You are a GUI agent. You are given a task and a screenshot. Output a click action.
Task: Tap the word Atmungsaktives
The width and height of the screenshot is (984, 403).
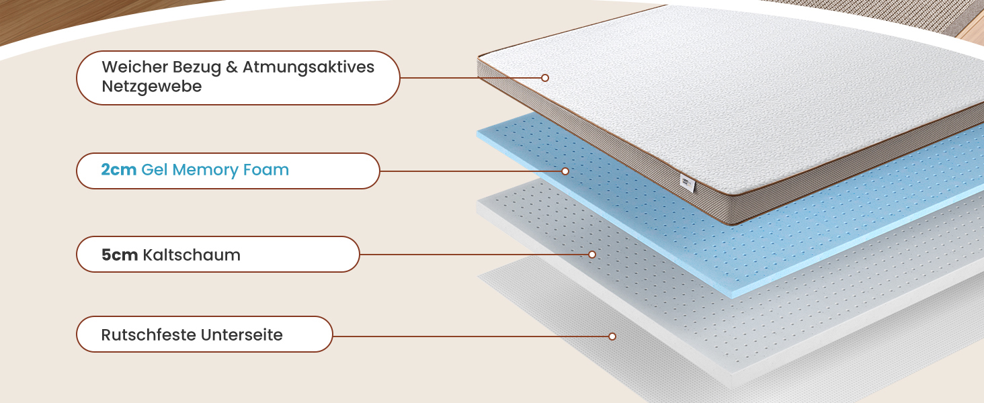(309, 68)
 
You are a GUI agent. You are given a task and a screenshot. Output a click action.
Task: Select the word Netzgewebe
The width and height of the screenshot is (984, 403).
(152, 87)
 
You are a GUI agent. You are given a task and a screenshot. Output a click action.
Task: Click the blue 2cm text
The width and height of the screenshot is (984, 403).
(119, 170)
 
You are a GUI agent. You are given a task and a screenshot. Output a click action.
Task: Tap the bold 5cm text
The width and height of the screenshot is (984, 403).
(120, 255)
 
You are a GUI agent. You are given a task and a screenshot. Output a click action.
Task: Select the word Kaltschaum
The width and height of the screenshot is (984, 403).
(192, 255)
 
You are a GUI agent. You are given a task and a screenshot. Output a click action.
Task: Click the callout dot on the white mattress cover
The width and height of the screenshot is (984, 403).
(545, 78)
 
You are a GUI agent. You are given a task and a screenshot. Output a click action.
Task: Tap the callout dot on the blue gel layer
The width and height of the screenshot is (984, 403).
(565, 171)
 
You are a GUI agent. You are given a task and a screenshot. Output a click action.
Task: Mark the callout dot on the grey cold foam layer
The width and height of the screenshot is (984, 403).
(592, 255)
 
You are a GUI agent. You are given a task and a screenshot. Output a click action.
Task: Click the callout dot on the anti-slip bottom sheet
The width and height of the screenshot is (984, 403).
(612, 337)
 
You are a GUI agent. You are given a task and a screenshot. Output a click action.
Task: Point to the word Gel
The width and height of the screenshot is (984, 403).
(155, 170)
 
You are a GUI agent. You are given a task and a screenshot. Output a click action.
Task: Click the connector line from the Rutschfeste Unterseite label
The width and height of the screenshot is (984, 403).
(470, 336)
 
